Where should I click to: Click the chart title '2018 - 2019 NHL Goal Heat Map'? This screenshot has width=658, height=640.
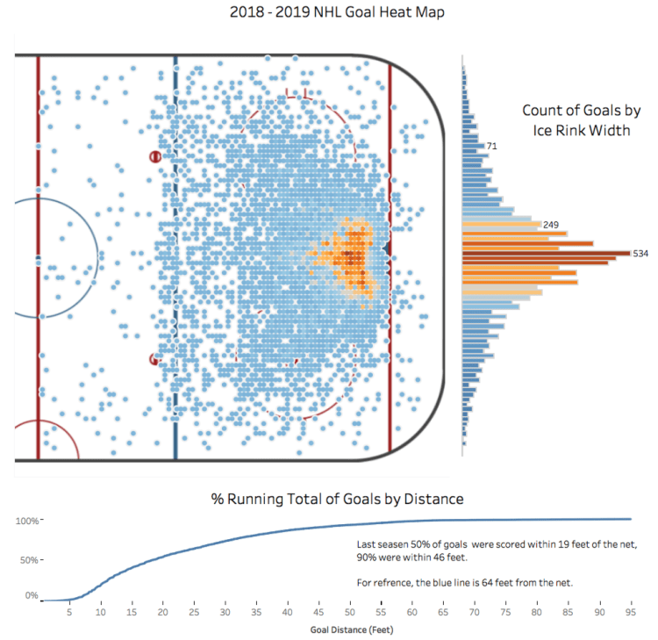point(329,14)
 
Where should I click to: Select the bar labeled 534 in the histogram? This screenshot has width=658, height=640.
point(545,254)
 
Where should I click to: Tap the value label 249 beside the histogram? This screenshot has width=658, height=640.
point(553,225)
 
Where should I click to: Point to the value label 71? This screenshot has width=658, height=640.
point(492,145)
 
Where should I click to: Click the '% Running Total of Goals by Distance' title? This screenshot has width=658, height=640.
point(337,499)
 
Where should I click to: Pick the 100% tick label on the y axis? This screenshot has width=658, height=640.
point(26,521)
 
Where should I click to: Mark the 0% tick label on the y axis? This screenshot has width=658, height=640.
point(31,596)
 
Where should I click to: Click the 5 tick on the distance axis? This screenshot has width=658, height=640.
point(69,612)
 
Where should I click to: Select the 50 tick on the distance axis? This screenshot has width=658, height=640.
point(350,612)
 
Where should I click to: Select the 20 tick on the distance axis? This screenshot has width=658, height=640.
point(163,612)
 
